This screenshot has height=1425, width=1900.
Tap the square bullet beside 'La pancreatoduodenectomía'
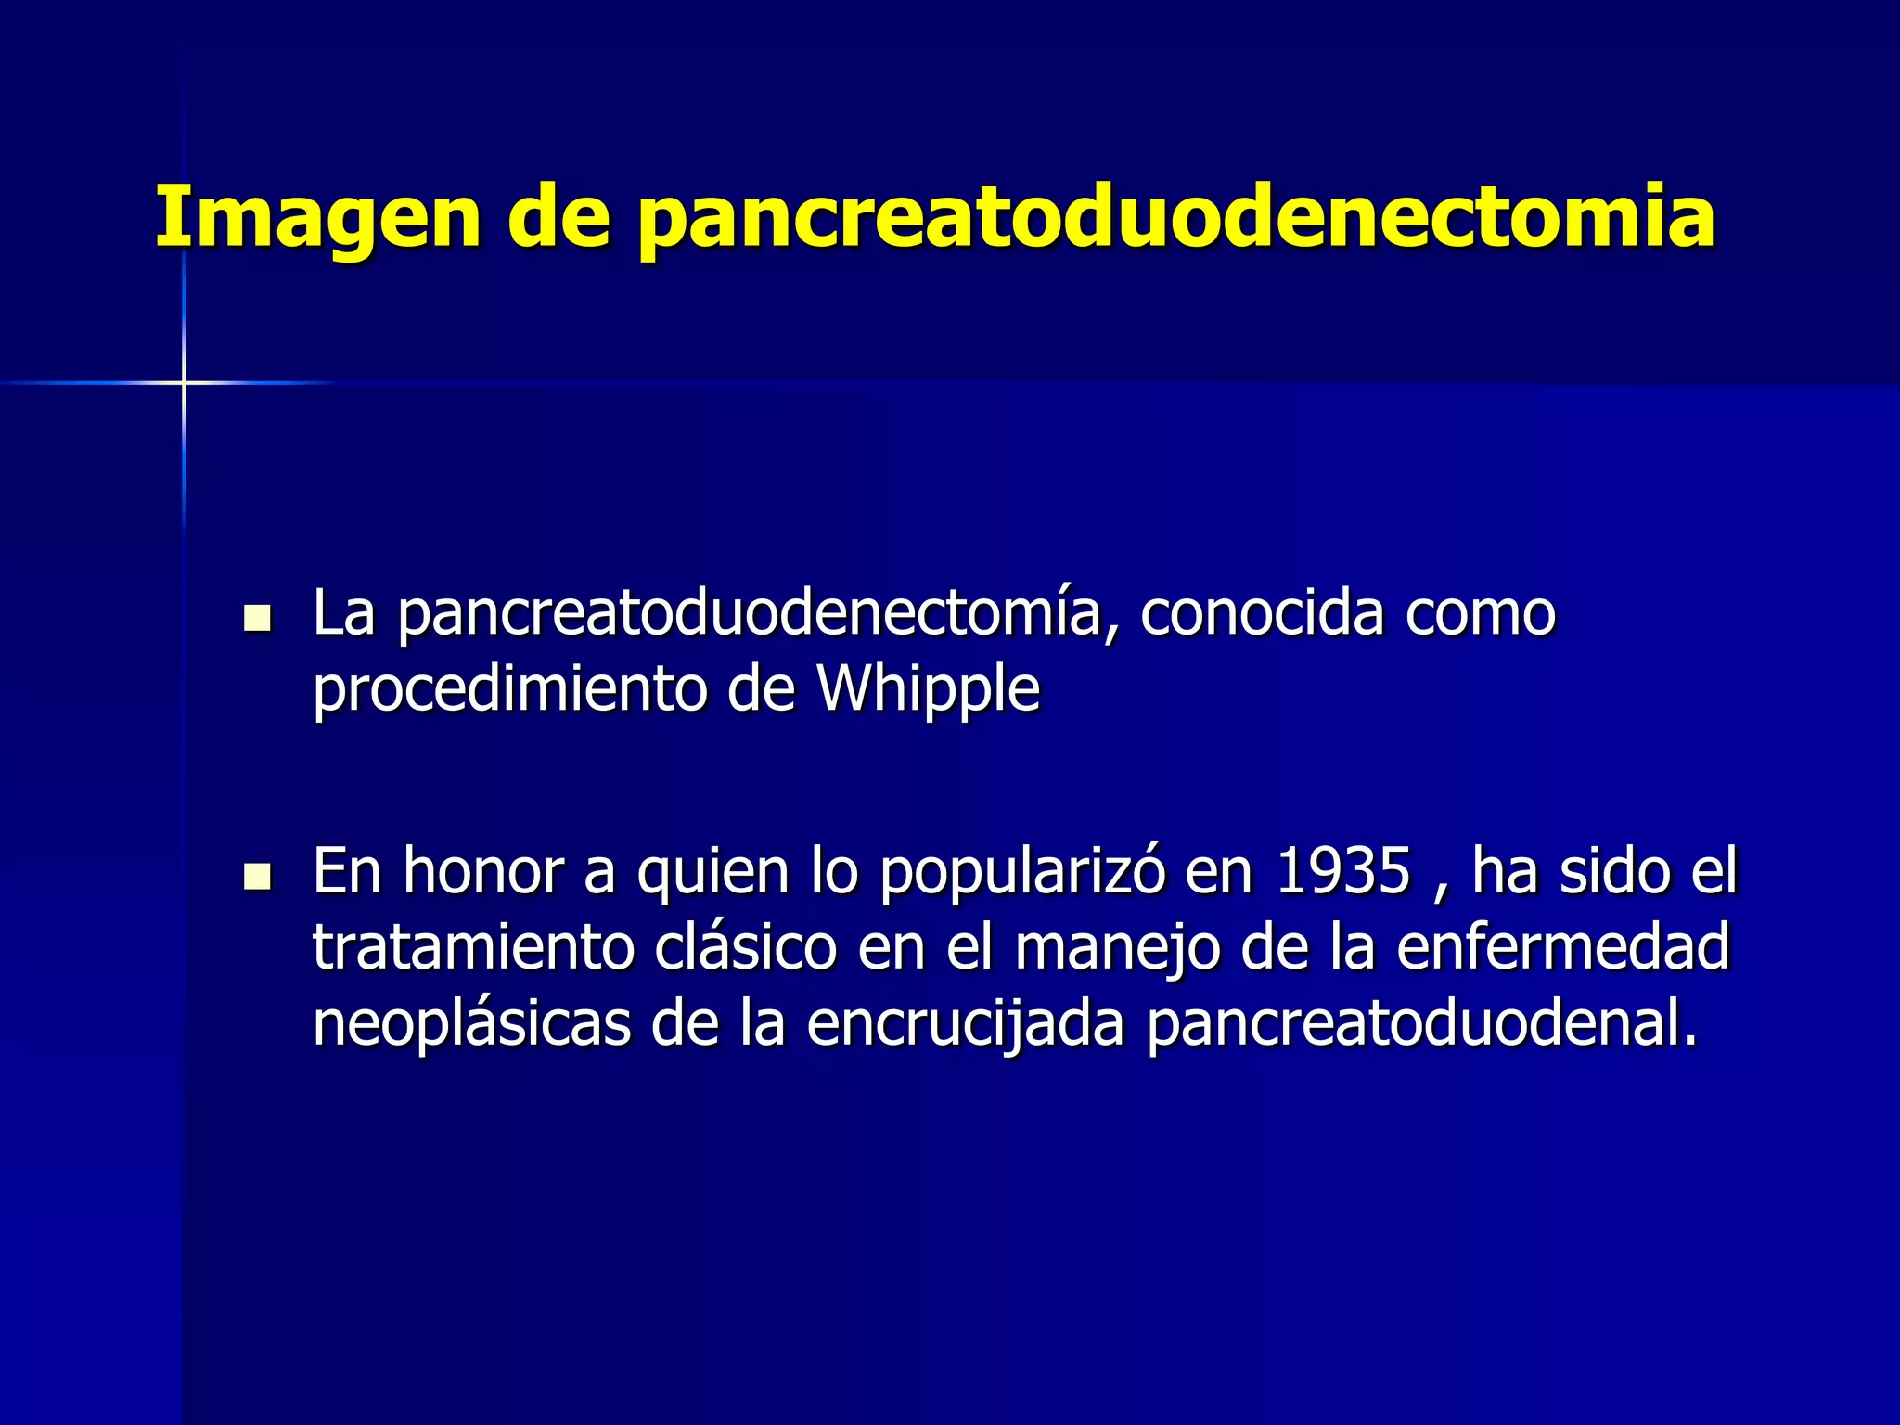coord(256,618)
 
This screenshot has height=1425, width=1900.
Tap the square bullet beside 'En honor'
coord(256,875)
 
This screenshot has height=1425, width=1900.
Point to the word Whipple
coord(927,690)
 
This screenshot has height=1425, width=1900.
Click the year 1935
coord(1342,872)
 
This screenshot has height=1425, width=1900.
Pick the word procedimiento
coord(509,690)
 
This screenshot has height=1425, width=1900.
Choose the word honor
coord(483,872)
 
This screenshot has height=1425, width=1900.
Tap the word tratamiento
coord(472,948)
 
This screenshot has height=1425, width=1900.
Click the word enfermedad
coord(1562,948)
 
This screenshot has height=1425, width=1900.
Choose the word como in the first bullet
coord(1481,614)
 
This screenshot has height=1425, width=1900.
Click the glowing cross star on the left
coord(184,382)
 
